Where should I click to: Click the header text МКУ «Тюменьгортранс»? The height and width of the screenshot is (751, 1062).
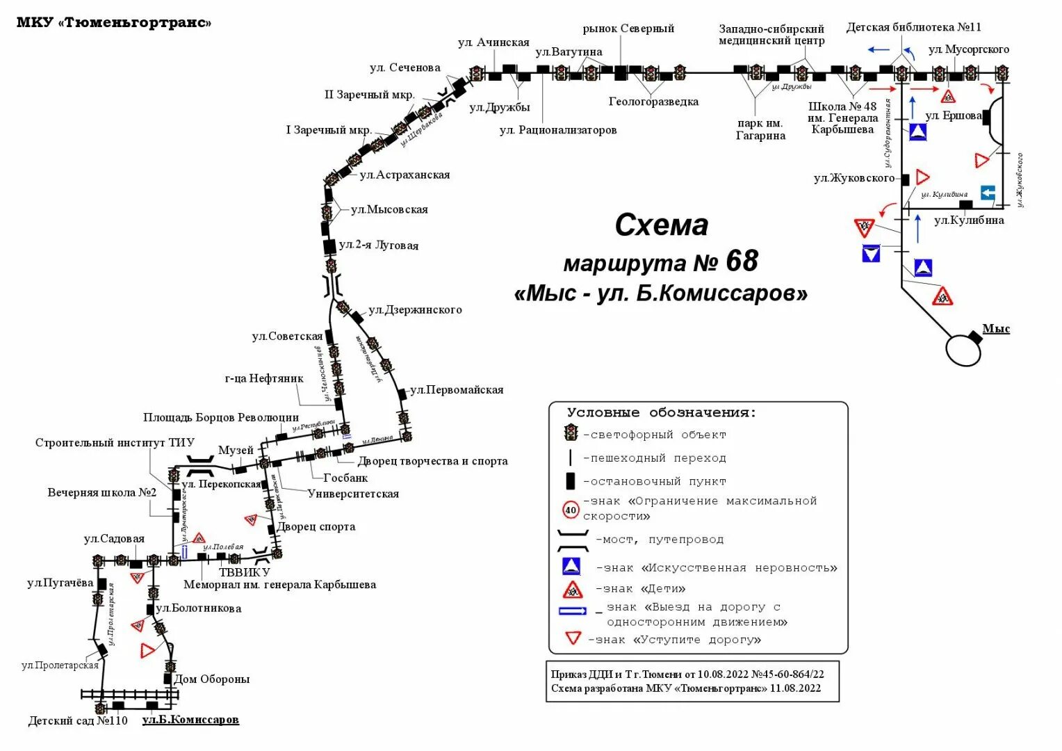point(113,22)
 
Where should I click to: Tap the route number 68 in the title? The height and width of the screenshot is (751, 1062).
point(742,261)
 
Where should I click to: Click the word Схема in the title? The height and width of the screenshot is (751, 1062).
point(661,225)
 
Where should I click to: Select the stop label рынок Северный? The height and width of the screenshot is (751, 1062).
point(628,29)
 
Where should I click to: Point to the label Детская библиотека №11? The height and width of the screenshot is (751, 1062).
point(913,27)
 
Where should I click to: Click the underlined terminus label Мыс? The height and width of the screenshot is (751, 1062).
point(995,329)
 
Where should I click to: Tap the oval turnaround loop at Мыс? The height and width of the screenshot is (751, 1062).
point(964,349)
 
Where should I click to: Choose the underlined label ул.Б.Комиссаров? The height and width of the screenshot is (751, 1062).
point(190,720)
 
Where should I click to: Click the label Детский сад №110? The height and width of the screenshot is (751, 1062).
point(78,720)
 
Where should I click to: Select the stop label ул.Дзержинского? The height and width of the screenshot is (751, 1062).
point(415,310)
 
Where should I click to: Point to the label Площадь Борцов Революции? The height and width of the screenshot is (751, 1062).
point(221,417)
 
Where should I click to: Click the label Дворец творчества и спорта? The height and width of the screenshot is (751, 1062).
point(432,461)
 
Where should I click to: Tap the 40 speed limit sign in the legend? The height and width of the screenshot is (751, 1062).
point(571,510)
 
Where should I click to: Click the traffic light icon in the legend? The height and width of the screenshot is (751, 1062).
point(571,434)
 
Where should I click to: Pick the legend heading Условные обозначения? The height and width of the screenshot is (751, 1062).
point(661,412)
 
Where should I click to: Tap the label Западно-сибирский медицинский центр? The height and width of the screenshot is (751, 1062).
point(771,35)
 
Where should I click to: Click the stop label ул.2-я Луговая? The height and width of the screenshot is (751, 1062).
point(379,245)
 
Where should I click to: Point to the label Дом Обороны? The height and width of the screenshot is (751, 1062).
point(211,679)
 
